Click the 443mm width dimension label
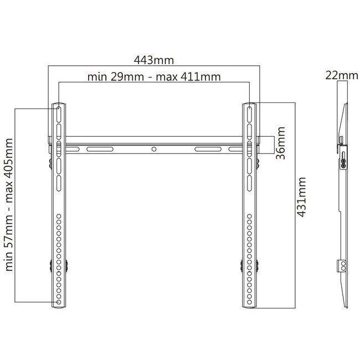click(154, 60)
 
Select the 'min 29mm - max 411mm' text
click(154, 77)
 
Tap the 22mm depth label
click(342, 75)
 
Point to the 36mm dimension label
click(281, 143)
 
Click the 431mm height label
click(301, 197)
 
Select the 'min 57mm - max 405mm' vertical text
click(9, 205)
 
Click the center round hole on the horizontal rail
click(154, 149)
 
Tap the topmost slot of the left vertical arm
click(59, 114)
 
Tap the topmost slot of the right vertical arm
click(250, 114)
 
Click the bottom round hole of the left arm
click(59, 302)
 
